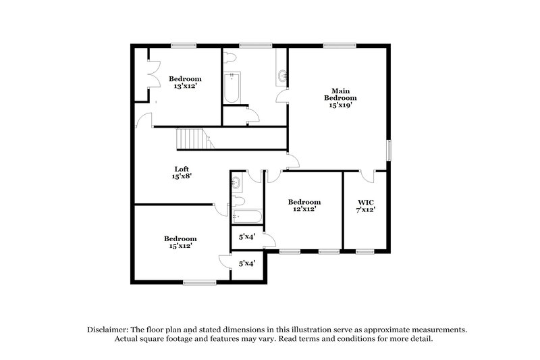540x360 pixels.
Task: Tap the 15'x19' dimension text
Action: (x=340, y=105)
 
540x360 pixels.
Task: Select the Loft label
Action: (x=181, y=169)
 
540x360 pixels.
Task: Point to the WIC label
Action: (x=365, y=201)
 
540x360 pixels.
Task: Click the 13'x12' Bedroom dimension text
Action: (x=185, y=86)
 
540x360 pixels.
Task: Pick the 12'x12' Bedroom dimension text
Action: (x=304, y=209)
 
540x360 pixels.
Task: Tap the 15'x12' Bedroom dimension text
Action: (x=180, y=246)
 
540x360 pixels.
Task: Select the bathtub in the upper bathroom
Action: (x=232, y=88)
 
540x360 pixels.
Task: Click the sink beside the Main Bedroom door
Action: (x=281, y=78)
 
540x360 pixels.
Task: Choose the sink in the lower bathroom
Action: (x=237, y=182)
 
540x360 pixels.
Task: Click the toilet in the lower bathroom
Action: (x=238, y=201)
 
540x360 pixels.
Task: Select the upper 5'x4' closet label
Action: (x=246, y=237)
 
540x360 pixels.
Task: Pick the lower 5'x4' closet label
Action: (x=246, y=263)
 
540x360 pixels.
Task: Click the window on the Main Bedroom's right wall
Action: (x=388, y=150)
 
